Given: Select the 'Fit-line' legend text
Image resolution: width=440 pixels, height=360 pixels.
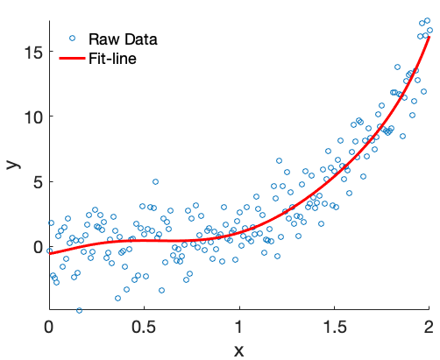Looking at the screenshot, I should [x=112, y=59].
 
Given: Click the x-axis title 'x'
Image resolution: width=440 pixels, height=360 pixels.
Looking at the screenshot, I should [x=238, y=349].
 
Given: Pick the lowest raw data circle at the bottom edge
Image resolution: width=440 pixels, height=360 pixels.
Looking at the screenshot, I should [x=80, y=310].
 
